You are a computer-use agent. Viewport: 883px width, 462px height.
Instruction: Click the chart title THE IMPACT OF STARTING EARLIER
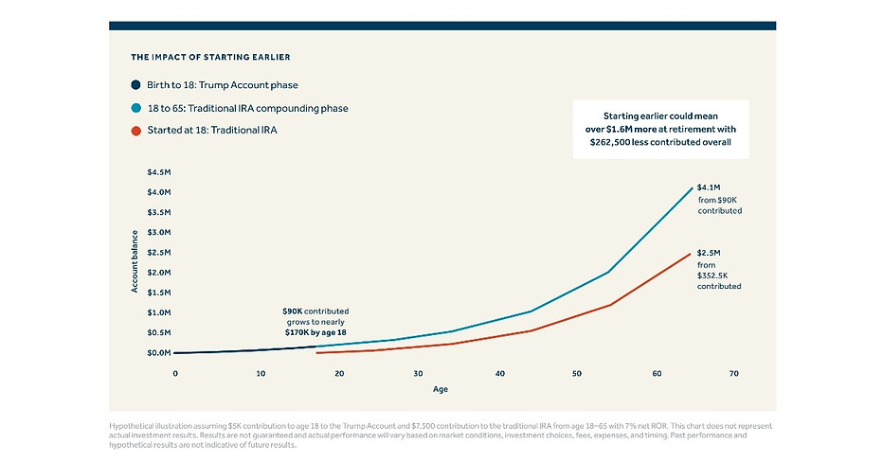click(x=210, y=57)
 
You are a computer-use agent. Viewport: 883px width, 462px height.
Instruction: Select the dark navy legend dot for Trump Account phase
click(x=135, y=85)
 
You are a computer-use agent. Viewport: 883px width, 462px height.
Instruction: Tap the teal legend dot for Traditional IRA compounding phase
click(x=135, y=108)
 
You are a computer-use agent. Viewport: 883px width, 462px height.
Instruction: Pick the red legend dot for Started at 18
click(x=135, y=131)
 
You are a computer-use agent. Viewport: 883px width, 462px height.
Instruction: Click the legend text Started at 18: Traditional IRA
click(x=212, y=130)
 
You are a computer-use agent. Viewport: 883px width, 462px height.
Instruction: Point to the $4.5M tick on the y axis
click(x=159, y=172)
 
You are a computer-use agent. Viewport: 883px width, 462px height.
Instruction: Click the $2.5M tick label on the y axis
click(x=159, y=253)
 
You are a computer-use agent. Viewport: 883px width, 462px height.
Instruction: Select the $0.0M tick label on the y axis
click(x=159, y=353)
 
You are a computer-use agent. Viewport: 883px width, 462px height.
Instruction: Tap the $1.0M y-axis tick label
click(x=159, y=312)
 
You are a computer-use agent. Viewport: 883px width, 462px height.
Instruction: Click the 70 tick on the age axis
click(x=733, y=374)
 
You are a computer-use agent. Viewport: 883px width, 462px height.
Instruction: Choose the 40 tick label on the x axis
click(x=500, y=374)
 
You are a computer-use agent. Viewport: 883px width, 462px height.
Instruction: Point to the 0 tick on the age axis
click(x=175, y=374)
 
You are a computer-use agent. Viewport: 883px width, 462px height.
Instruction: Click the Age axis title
click(x=441, y=389)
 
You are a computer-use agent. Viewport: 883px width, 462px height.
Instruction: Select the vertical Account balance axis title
click(x=135, y=261)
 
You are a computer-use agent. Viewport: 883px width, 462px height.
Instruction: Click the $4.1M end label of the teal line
click(x=709, y=187)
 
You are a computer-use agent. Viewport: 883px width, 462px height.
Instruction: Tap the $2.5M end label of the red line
click(x=709, y=253)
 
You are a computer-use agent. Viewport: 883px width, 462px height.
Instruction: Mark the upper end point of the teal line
click(x=692, y=188)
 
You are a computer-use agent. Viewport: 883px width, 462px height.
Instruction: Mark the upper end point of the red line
click(x=690, y=254)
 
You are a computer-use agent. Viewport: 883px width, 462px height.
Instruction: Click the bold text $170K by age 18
click(x=315, y=332)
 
